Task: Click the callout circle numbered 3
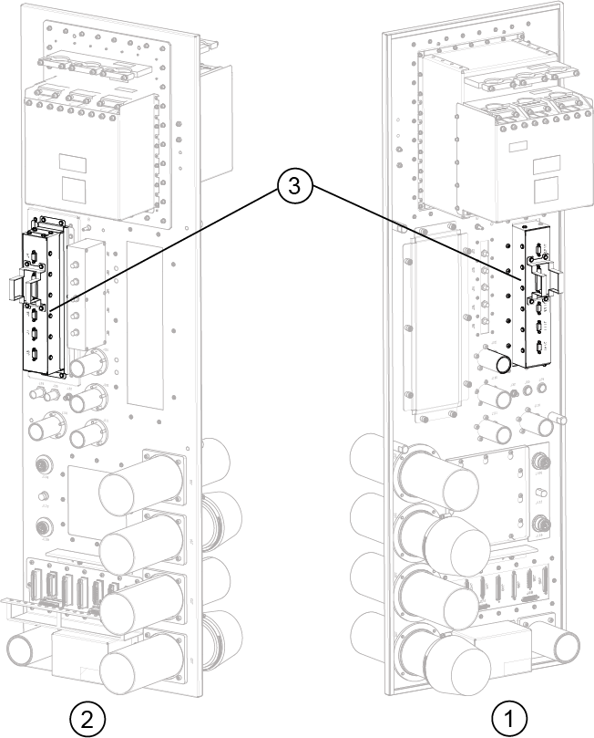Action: coord(293,188)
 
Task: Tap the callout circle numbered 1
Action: coord(509,715)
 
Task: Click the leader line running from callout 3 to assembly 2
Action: coord(164,251)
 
